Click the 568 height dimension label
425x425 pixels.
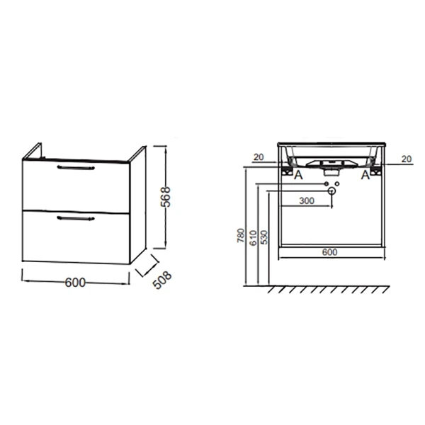click(x=166, y=196)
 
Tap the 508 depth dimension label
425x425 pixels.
click(x=162, y=280)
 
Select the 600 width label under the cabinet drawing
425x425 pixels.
click(x=75, y=283)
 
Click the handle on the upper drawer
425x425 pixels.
click(x=76, y=167)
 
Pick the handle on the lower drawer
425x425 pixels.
click(x=76, y=218)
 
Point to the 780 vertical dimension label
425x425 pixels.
click(x=240, y=235)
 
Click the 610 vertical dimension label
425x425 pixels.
click(x=253, y=238)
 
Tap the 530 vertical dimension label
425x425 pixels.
click(x=264, y=237)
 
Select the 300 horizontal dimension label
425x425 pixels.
click(x=307, y=201)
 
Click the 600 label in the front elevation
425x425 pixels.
click(x=329, y=252)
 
